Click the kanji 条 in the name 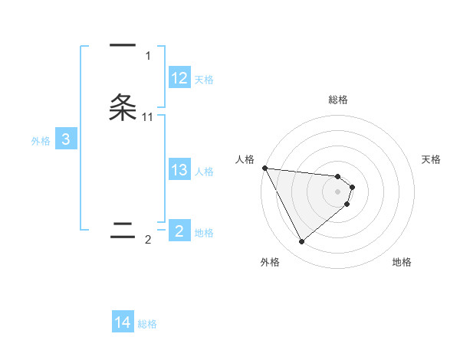coord(123,106)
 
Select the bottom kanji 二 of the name coord(123,230)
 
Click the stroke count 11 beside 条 coord(148,116)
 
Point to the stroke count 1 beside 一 coord(148,56)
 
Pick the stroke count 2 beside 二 coord(148,240)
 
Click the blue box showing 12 coord(179,78)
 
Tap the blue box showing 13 coord(179,170)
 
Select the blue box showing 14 coord(123,322)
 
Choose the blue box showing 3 coord(66,139)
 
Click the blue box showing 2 coord(179,231)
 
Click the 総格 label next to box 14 coord(147,324)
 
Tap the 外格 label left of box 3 coord(41,141)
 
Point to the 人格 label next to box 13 coord(205,172)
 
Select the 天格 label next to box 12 coord(204,80)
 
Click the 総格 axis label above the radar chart coord(337,100)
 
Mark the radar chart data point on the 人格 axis coord(264,168)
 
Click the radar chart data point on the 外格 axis coord(301,241)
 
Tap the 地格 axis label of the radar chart coord(402,262)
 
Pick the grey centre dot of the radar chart coord(337,191)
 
